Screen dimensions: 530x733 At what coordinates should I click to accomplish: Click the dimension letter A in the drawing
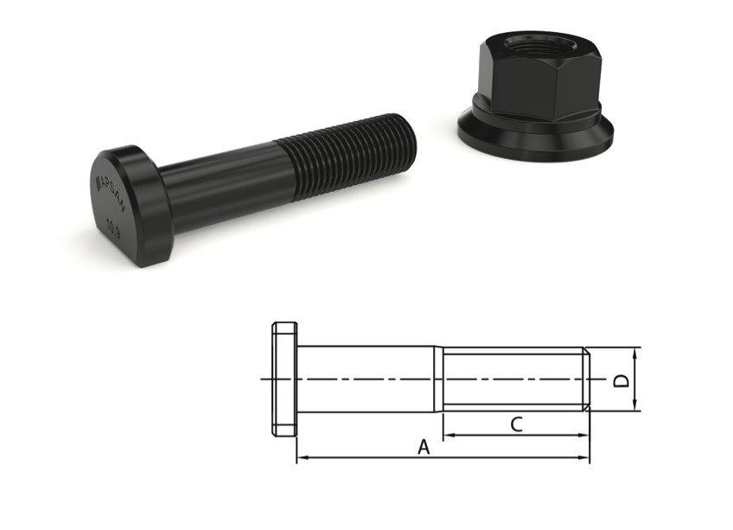point(424,447)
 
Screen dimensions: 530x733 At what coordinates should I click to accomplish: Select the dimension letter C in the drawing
point(516,425)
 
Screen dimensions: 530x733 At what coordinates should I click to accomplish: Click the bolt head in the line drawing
point(284,380)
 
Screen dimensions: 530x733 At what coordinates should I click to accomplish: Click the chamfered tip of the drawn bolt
point(587,379)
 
